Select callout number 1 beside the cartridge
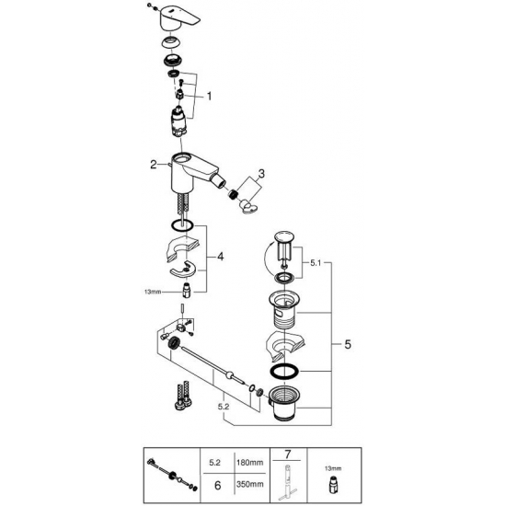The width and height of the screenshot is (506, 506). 209,95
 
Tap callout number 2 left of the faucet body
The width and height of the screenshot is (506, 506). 155,165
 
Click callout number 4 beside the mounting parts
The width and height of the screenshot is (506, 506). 219,258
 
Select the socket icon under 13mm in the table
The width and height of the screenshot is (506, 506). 331,484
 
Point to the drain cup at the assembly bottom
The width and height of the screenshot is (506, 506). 285,404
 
